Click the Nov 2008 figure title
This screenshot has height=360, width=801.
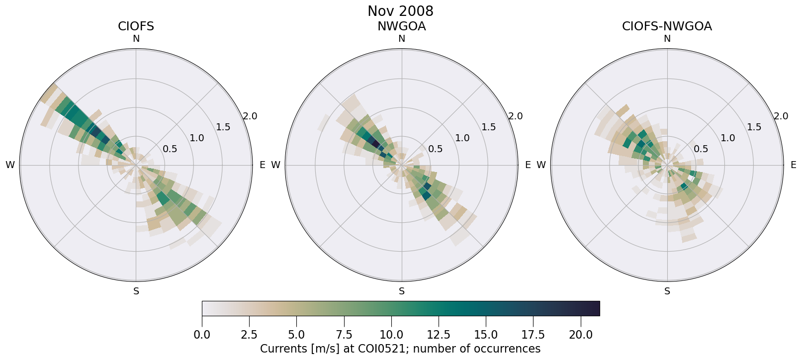pos(400,11)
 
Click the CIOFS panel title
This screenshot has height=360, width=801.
pos(136,26)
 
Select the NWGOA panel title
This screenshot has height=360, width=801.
pos(401,26)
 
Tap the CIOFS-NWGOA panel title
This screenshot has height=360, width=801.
pos(667,26)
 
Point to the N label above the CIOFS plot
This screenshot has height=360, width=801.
pos(136,39)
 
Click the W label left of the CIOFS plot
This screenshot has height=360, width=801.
pos(10,165)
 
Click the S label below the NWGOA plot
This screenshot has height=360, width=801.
pos(402,291)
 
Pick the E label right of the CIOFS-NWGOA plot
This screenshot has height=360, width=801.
pos(794,165)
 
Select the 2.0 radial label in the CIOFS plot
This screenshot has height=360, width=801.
pos(250,116)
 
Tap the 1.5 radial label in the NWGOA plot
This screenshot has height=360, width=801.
pos(489,127)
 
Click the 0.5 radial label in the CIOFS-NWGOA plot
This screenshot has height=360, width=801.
pos(701,149)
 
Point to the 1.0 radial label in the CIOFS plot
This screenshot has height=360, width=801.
pos(197,138)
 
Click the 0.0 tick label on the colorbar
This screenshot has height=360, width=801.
pos(202,335)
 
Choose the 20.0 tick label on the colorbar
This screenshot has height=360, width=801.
pos(580,335)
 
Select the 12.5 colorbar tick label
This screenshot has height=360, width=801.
pos(439,335)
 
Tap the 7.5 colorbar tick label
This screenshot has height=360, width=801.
pos(344,335)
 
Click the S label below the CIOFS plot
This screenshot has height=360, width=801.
pos(136,291)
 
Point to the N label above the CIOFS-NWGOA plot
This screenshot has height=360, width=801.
pos(667,39)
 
